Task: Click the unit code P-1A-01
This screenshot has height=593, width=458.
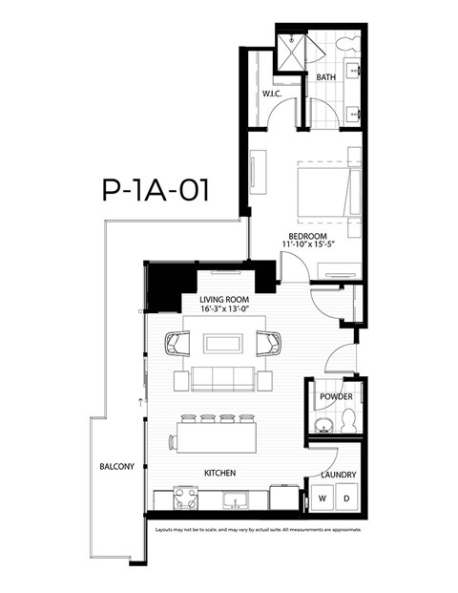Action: (155, 189)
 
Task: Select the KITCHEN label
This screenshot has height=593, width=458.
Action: (219, 474)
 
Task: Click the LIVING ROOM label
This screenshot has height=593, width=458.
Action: (224, 299)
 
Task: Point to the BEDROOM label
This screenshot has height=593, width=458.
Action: (308, 236)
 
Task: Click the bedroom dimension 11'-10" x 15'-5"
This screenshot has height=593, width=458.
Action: (308, 246)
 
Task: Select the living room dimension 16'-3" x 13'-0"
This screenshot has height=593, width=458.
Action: (224, 309)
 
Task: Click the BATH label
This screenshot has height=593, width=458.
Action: (326, 77)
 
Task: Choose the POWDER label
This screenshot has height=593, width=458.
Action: (336, 396)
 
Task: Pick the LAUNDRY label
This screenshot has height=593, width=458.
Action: (339, 475)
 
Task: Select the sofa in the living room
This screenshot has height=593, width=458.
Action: (224, 377)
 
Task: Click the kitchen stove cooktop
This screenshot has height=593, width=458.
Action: (183, 498)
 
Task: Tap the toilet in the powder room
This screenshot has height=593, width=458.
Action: (348, 420)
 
